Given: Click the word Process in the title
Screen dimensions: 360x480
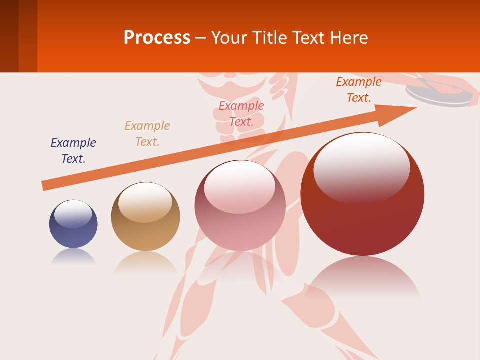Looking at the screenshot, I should tap(157, 38).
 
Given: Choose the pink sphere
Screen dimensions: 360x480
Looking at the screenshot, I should tap(240, 210).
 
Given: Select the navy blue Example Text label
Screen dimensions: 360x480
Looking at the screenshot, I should tap(73, 151).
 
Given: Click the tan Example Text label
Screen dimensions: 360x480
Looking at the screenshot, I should tap(147, 134).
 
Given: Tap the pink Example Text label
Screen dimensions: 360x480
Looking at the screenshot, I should tap(241, 114).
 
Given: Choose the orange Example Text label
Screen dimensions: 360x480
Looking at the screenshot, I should tap(359, 90).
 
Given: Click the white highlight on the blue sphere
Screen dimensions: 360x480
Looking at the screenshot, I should tap(73, 214).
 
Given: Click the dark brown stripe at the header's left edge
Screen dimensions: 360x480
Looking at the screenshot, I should tap(9, 36).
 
